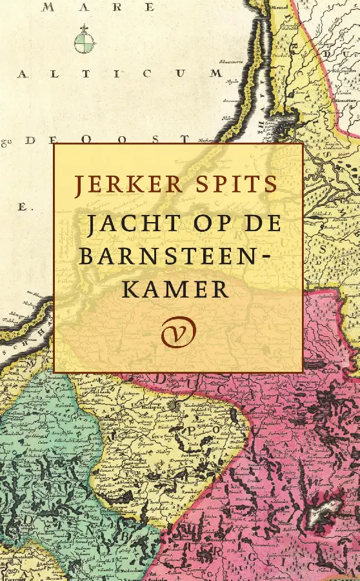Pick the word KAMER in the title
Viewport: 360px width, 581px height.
pos(175,289)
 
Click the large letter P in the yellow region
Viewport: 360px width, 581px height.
pos(191,428)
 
